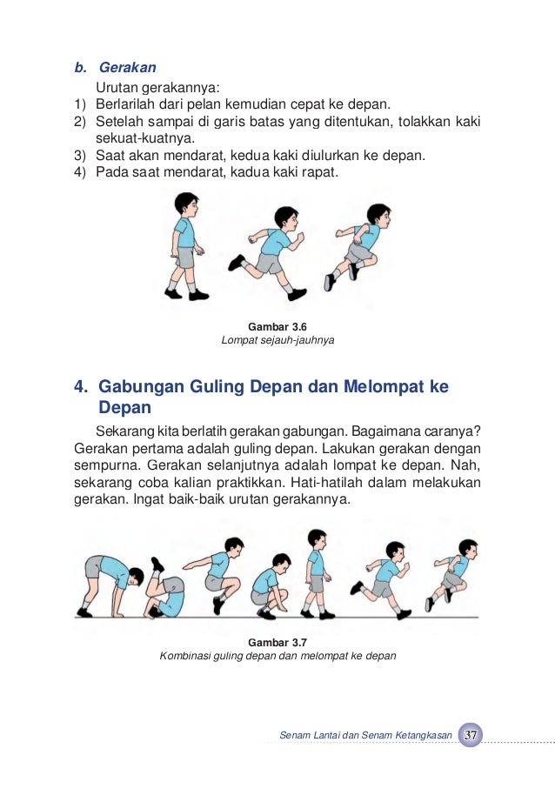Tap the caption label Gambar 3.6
click(x=277, y=326)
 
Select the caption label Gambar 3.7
click(x=277, y=642)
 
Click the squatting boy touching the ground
click(x=271, y=585)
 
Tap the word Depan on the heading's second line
click(x=125, y=408)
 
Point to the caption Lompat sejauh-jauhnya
click(x=277, y=340)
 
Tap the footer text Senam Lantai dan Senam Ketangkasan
click(x=365, y=736)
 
